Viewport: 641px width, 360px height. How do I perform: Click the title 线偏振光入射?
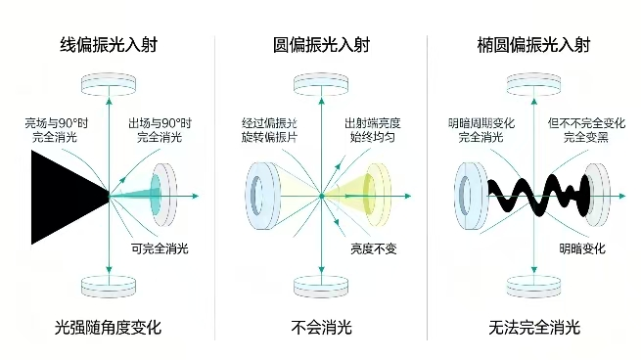click(x=109, y=45)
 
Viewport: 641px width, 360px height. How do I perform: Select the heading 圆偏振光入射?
click(x=321, y=45)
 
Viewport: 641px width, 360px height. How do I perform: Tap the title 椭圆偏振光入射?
click(x=534, y=45)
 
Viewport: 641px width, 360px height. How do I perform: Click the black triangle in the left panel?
click(x=62, y=197)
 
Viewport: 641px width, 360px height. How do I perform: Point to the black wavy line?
click(x=538, y=196)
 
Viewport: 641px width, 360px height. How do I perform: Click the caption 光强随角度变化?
click(x=109, y=328)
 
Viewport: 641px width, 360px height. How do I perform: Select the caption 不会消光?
click(x=321, y=328)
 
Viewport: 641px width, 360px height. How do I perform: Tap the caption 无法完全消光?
click(x=534, y=328)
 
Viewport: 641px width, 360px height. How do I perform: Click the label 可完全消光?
click(x=160, y=248)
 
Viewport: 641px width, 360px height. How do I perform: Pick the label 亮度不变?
click(x=374, y=248)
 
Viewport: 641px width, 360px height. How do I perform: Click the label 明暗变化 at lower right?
click(x=582, y=248)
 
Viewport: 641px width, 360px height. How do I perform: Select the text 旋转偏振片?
click(x=269, y=137)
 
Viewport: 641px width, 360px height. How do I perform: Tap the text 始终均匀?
click(x=373, y=137)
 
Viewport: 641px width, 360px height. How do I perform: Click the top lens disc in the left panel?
click(x=109, y=84)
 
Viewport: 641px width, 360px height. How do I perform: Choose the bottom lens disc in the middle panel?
click(x=321, y=287)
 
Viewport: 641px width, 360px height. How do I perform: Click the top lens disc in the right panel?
click(x=533, y=84)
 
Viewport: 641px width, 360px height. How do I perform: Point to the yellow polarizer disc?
click(x=377, y=194)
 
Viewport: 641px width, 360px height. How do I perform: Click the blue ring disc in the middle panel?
click(x=261, y=196)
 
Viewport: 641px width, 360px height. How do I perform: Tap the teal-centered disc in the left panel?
click(x=163, y=195)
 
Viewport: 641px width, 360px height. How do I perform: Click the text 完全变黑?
click(x=586, y=137)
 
